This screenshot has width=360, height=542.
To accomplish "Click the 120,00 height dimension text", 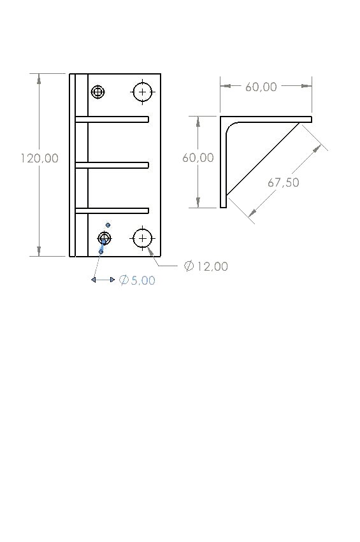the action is pyautogui.click(x=40, y=159).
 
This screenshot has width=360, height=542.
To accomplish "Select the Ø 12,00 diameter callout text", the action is pyautogui.click(x=206, y=266).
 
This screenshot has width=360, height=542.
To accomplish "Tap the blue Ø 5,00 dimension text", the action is pyautogui.click(x=137, y=280).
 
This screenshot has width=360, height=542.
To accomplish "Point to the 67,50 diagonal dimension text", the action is pyautogui.click(x=284, y=182).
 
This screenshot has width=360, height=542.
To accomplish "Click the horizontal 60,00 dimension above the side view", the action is pyautogui.click(x=261, y=87).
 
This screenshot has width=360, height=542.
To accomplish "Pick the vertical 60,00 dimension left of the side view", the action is pyautogui.click(x=198, y=157).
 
